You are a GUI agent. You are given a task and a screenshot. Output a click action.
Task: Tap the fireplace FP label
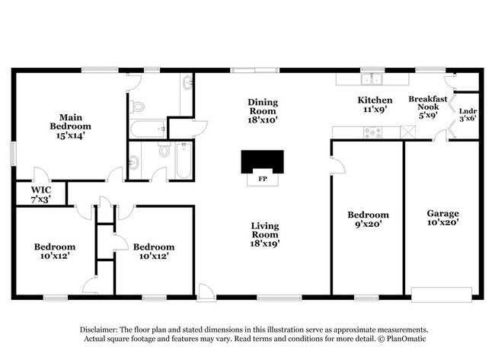pos(262,180)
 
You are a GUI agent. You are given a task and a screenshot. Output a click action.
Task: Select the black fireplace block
pos(262,161)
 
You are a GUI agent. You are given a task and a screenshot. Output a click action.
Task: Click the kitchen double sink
pos(372,78)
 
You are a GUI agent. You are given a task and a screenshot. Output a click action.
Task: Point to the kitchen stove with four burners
pos(372,132)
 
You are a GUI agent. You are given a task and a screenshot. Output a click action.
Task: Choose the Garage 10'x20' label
pos(442,218)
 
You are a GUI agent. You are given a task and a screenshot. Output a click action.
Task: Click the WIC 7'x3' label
pos(40,193)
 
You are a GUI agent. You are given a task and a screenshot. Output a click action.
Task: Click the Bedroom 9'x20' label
pos(367,220)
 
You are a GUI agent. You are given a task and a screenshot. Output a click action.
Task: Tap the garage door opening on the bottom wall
pos(439,292)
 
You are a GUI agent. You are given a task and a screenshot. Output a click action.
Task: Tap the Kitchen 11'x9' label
pos(375,105)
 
